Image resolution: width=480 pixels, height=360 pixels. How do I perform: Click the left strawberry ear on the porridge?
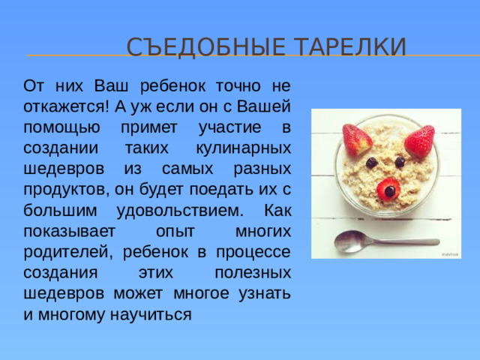[358, 138]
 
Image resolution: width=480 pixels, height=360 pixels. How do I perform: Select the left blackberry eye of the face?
[371, 162]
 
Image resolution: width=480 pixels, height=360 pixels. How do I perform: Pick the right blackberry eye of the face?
[400, 161]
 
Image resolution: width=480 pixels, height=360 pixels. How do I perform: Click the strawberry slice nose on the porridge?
[389, 189]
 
